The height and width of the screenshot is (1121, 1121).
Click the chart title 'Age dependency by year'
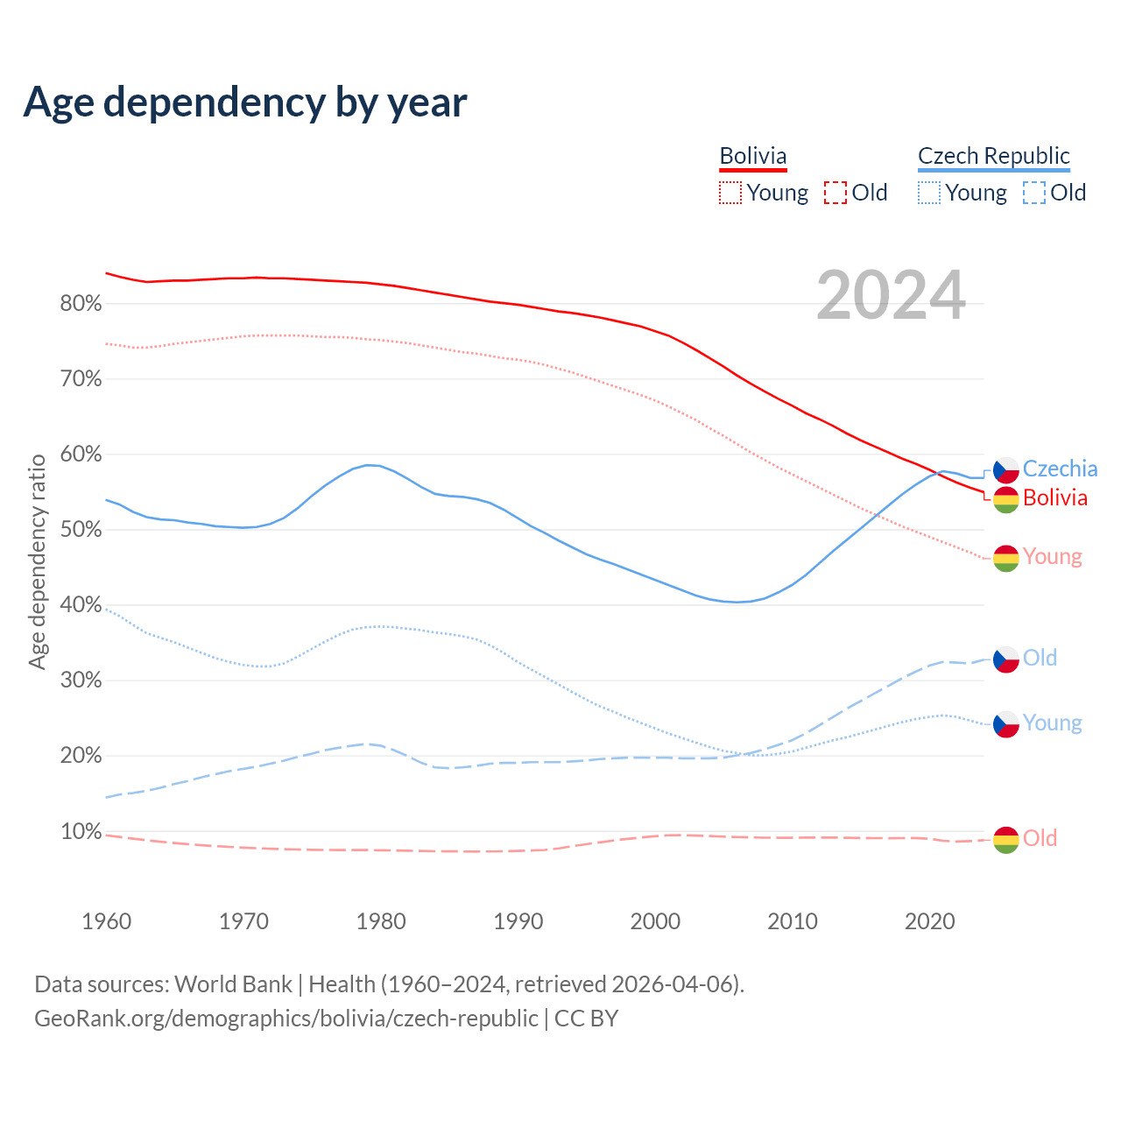point(245,102)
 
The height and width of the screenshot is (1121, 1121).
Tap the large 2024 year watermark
point(891,295)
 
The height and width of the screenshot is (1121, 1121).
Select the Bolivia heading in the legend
point(753,156)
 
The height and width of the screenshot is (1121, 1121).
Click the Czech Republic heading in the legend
point(993,156)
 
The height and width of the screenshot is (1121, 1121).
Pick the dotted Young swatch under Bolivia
point(730,193)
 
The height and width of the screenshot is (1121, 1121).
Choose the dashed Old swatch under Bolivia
point(835,193)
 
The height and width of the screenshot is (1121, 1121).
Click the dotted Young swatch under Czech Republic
point(929,193)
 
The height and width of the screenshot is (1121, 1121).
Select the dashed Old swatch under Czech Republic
point(1034,193)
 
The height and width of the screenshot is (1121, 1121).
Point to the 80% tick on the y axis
point(81,304)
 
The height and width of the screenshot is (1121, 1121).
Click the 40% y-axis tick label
point(81,605)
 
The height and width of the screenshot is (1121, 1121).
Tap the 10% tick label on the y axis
point(81,831)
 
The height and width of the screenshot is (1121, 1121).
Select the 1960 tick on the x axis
point(106,921)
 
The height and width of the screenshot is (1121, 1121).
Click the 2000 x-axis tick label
point(655,921)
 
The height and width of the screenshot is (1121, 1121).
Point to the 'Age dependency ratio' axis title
point(37,561)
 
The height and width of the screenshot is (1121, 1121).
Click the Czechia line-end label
point(1060,469)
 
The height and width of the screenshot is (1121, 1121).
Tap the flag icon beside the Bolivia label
point(1006,499)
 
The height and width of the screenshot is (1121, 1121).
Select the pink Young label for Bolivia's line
point(1052,557)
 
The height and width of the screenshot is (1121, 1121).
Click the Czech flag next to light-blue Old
point(1006,659)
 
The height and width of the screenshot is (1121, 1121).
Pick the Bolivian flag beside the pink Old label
point(1006,839)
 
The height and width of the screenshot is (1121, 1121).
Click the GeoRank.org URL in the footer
point(286,1019)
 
